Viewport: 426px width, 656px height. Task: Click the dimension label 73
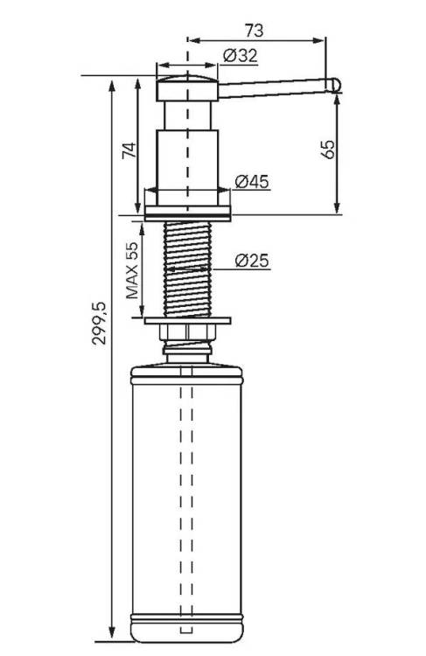tap(254, 30)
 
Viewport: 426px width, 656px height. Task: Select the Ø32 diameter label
tap(241, 56)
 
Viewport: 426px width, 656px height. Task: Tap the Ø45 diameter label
tap(252, 182)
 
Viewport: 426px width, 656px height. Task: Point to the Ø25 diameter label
tap(252, 261)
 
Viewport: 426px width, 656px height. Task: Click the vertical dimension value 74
tap(129, 150)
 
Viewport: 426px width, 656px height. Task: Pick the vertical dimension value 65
tap(328, 150)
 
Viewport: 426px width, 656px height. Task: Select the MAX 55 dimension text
tap(132, 270)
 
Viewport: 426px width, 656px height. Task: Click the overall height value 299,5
tap(100, 323)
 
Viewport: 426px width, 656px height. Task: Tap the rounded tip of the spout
tap(335, 85)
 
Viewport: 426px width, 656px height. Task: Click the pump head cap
tap(187, 88)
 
